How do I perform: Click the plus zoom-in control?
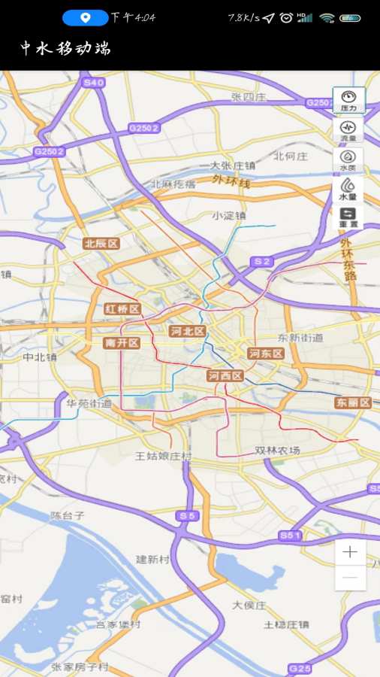[350, 552]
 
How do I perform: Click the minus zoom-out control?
[350, 577]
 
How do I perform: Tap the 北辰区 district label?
[101, 243]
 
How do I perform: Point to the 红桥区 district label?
[123, 309]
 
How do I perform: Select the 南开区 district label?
[122, 343]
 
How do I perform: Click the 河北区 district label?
[188, 331]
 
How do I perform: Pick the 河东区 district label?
[266, 353]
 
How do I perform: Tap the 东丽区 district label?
[353, 402]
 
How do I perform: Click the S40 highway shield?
[94, 83]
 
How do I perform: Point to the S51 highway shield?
[290, 535]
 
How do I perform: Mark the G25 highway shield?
[300, 668]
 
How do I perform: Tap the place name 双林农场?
[277, 450]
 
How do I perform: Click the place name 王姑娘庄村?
[164, 456]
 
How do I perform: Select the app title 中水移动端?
[65, 49]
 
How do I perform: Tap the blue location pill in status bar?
[85, 17]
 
